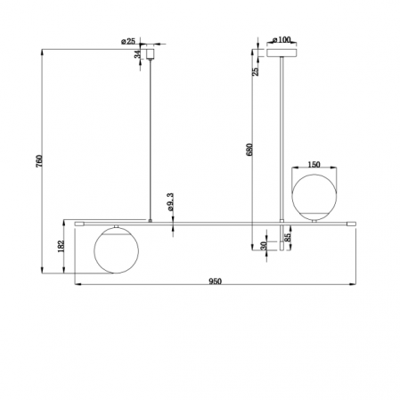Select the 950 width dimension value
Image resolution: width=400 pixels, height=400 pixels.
(x=214, y=281)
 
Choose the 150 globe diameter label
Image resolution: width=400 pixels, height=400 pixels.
(x=314, y=165)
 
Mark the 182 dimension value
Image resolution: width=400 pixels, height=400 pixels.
(x=61, y=246)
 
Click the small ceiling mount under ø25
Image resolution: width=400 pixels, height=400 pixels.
(x=151, y=54)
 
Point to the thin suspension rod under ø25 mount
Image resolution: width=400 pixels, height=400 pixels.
(x=151, y=134)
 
